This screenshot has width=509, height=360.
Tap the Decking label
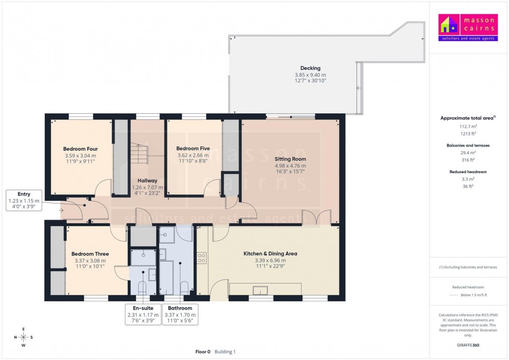coord(310,68)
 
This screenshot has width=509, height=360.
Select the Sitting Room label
coord(290,159)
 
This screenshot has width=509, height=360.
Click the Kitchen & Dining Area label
coord(270,254)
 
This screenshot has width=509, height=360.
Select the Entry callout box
coord(24,201)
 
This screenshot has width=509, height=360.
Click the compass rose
coord(23,337)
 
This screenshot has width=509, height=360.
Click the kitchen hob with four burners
coord(202,258)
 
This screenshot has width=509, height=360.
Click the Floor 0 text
coord(202,352)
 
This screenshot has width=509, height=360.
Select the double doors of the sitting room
coord(317,218)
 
